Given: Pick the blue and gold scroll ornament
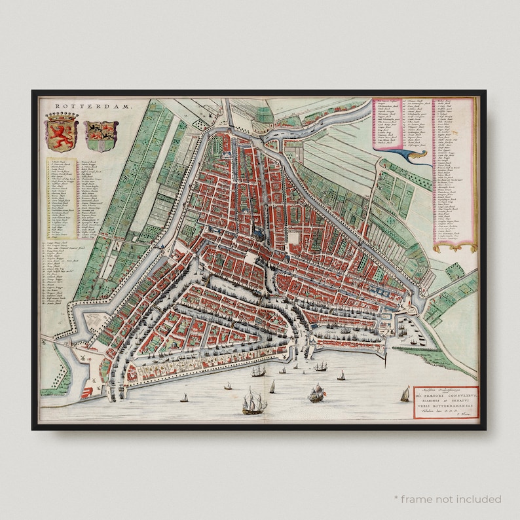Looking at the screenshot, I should pos(413,155).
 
